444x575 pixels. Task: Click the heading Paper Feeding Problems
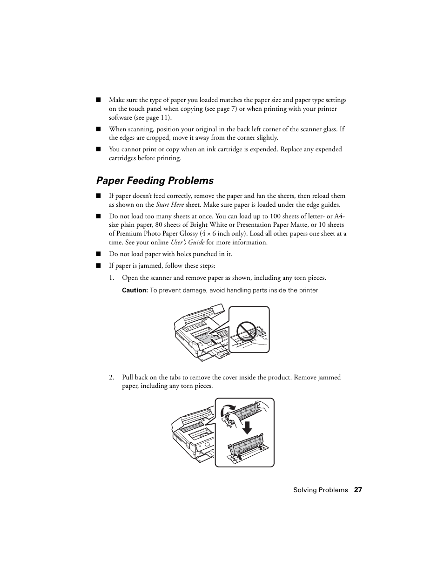[x=155, y=181]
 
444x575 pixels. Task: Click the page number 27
[x=357, y=490]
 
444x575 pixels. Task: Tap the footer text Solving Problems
[x=320, y=490]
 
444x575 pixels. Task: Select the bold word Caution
[x=135, y=290]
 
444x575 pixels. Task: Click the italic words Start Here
[x=169, y=204]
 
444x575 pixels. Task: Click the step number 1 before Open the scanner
[x=111, y=278]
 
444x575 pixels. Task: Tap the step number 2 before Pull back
[x=111, y=377]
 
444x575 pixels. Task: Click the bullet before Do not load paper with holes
[x=98, y=254]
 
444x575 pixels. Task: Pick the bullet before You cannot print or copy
[x=98, y=149]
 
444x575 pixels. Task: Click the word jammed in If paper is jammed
[x=146, y=266]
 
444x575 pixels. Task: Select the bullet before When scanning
[x=98, y=129]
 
